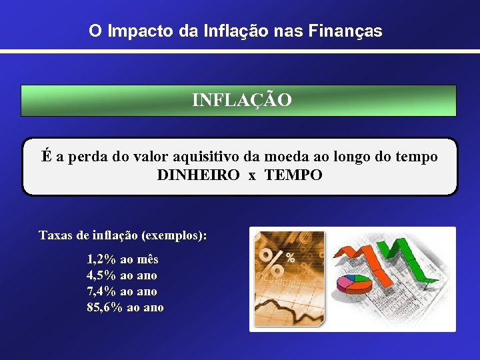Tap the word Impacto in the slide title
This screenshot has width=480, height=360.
139,31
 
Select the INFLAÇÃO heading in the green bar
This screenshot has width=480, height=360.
241,100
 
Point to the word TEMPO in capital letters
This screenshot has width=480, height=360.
293,175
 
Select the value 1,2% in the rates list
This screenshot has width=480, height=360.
101,259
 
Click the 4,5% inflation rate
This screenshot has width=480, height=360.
101,275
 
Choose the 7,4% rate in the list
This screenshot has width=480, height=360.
101,291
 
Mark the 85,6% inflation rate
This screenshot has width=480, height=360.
105,307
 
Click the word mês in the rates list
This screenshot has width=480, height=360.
148,259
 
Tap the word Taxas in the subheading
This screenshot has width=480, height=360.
55,236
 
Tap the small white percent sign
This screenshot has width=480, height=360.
291,257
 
